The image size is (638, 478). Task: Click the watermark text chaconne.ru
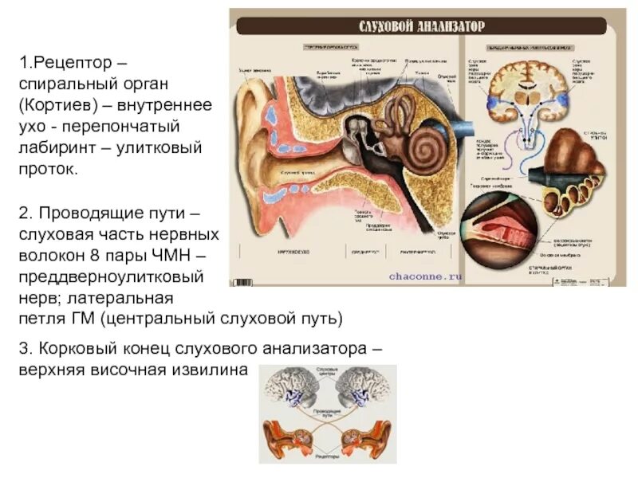tap(426, 276)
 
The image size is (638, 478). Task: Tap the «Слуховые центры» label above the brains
tap(327, 372)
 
